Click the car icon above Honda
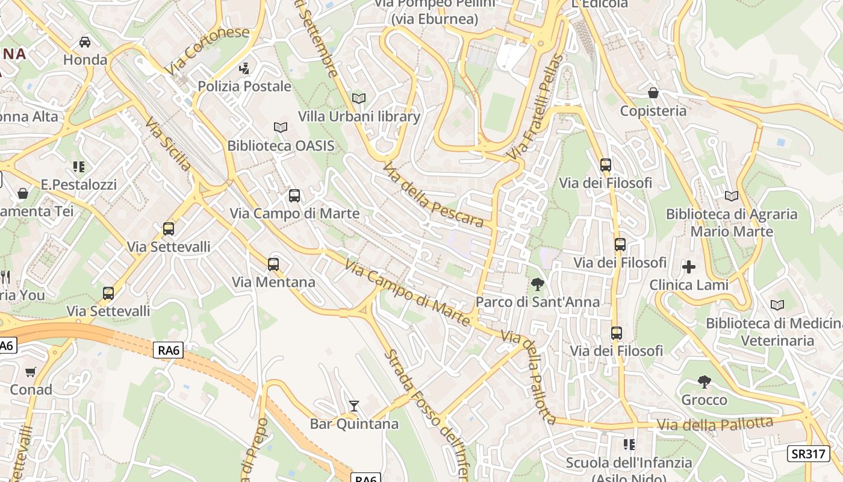click(85, 42)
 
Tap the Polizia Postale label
click(244, 86)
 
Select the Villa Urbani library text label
click(359, 116)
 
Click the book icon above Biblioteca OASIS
click(280, 127)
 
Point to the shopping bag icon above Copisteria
click(653, 93)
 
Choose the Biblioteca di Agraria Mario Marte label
click(731, 222)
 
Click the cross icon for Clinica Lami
click(689, 266)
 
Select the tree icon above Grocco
click(704, 381)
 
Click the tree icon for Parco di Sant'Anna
click(537, 284)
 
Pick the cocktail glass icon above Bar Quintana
click(354, 406)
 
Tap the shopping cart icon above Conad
click(31, 372)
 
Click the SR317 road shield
click(808, 454)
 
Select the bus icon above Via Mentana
click(273, 264)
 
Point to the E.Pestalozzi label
click(79, 184)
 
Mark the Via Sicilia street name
click(169, 143)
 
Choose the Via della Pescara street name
click(433, 195)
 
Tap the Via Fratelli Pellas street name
click(535, 107)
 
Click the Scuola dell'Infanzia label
click(629, 463)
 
